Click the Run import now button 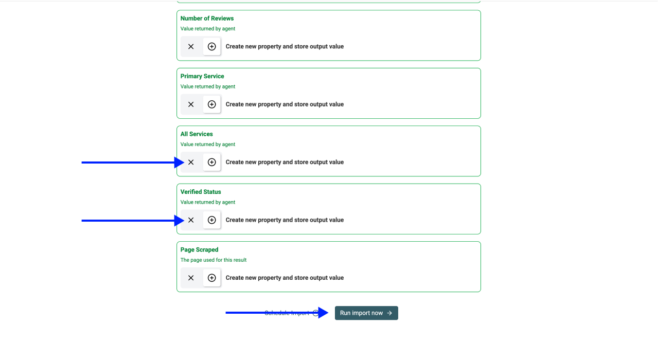click(366, 313)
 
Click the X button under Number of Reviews click(191, 46)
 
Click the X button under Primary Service click(191, 104)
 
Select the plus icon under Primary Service click(211, 104)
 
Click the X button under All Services click(191, 162)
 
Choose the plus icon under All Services click(211, 162)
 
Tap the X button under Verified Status click(191, 220)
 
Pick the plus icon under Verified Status click(211, 220)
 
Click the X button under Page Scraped click(191, 278)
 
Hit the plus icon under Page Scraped click(211, 278)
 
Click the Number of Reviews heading click(207, 19)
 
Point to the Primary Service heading click(202, 76)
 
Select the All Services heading click(197, 134)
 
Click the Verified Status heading click(201, 192)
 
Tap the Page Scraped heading click(199, 250)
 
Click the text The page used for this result click(214, 260)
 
